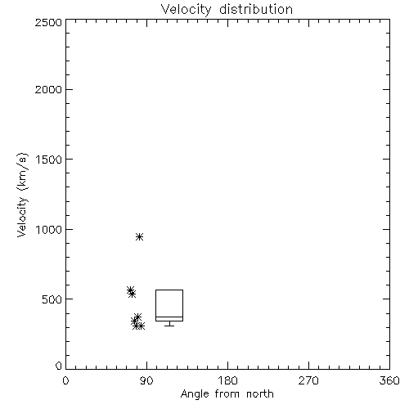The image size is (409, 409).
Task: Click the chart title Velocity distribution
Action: click(x=227, y=10)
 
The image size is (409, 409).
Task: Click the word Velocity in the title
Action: click(x=186, y=10)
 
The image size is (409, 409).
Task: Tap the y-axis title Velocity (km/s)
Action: click(x=22, y=195)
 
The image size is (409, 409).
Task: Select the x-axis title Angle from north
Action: click(x=227, y=393)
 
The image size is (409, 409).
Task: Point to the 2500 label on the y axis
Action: click(x=48, y=22)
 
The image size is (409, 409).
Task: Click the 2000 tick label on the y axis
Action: click(x=48, y=89)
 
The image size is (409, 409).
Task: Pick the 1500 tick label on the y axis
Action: click(x=48, y=160)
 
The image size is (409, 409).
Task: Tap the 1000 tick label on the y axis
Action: click(x=48, y=229)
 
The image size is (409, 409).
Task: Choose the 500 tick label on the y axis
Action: click(x=52, y=299)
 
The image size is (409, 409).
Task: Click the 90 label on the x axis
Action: click(x=146, y=380)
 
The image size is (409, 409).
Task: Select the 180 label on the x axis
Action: click(x=227, y=380)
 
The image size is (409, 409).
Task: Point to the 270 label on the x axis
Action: click(x=308, y=380)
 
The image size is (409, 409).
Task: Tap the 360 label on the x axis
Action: click(x=389, y=380)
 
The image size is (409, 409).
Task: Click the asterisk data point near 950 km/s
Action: click(x=139, y=236)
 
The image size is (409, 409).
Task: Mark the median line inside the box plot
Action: click(x=169, y=317)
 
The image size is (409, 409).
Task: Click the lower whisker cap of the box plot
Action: click(x=169, y=326)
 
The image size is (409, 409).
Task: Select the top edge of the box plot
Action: click(x=169, y=290)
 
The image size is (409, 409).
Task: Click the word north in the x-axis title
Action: click(x=260, y=393)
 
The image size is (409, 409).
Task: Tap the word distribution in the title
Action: click(x=256, y=10)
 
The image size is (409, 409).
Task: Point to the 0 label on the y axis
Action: click(x=59, y=366)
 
